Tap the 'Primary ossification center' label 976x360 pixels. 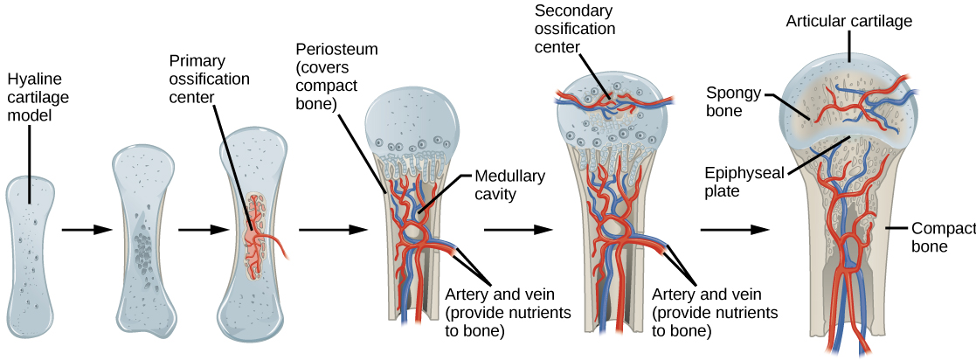pos(210,79)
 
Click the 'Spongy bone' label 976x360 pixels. pos(734,100)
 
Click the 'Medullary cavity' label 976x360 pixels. pos(509,185)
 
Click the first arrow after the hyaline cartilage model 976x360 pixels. pos(87,230)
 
